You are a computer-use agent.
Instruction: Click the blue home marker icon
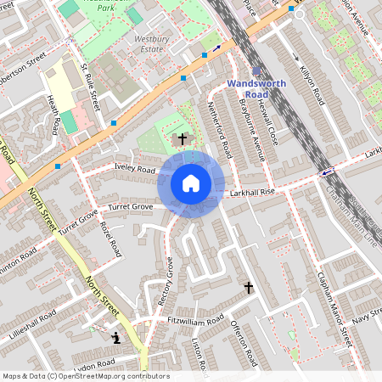click(x=191, y=183)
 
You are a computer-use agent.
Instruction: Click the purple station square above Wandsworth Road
click(x=257, y=71)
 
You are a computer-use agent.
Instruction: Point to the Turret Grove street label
click(x=130, y=207)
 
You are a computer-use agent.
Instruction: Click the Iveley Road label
click(x=134, y=168)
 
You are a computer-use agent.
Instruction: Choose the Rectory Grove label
click(x=166, y=281)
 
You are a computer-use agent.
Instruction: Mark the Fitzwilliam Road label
click(x=195, y=320)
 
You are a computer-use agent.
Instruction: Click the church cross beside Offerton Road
click(x=249, y=289)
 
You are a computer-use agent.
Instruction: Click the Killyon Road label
click(x=312, y=84)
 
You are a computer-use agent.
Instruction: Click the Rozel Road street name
click(x=109, y=240)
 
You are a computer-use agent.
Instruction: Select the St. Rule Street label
click(x=90, y=86)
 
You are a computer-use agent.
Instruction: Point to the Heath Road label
click(x=54, y=114)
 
